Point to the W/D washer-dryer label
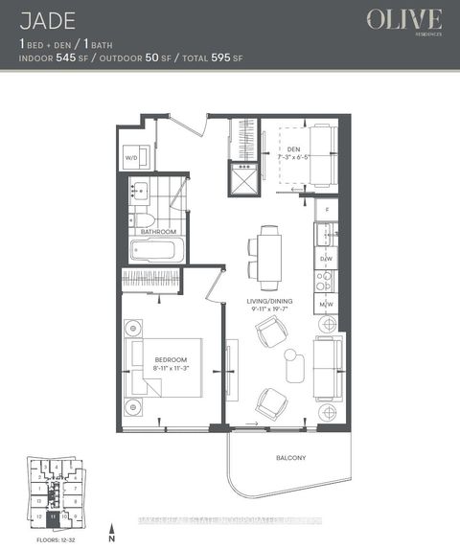click(x=132, y=159)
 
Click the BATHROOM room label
click(x=158, y=232)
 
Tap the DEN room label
click(x=293, y=149)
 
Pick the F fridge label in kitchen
click(x=327, y=208)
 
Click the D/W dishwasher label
click(x=326, y=259)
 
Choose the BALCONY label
click(x=288, y=459)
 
